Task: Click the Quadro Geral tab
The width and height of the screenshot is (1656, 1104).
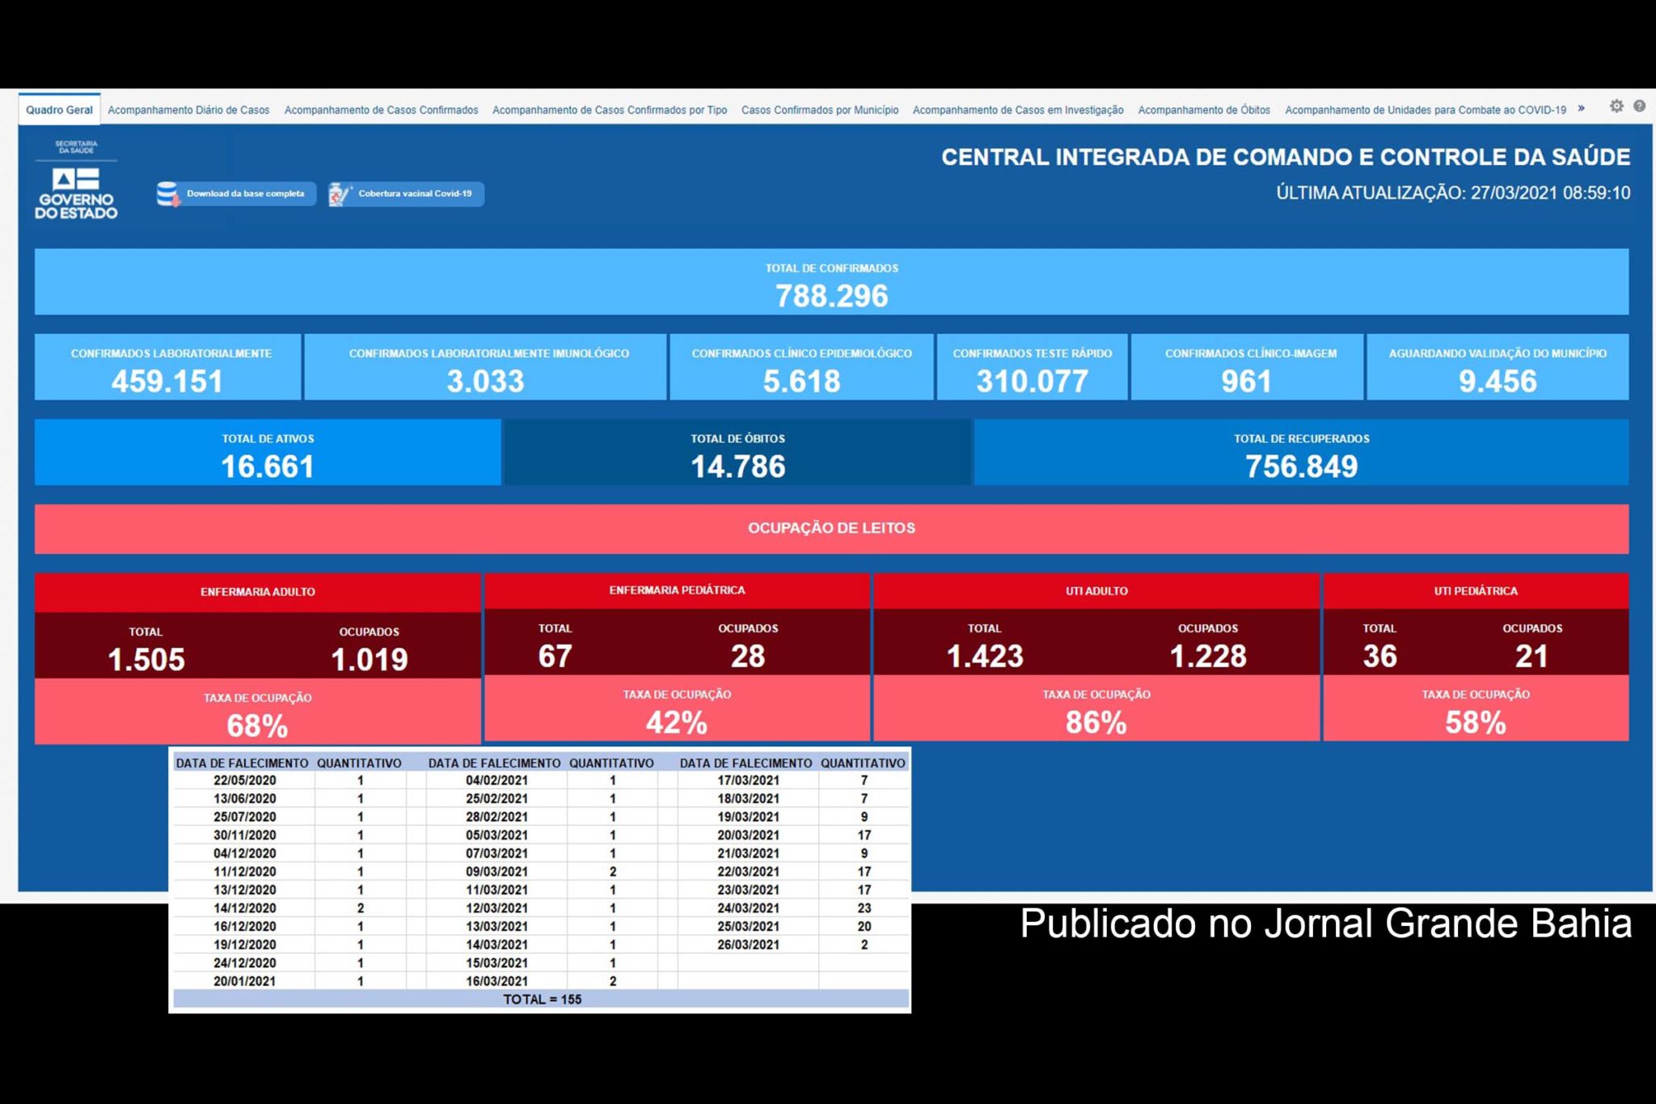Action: [59, 110]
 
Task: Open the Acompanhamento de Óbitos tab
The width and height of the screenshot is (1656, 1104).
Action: [1203, 110]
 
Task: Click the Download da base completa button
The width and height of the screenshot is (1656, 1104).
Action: [235, 194]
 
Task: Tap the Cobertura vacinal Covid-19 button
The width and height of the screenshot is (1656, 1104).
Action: [406, 194]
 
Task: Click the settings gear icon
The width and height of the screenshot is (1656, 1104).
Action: [1616, 106]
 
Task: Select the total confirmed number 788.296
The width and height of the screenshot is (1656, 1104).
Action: [831, 296]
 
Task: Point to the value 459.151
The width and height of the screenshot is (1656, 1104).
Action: [167, 381]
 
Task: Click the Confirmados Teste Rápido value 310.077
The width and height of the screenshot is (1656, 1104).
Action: [1032, 381]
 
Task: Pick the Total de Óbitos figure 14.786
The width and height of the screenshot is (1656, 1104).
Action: [737, 467]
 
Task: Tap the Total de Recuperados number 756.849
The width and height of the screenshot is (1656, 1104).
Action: [1301, 467]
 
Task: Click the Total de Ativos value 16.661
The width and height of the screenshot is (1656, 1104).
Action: [268, 467]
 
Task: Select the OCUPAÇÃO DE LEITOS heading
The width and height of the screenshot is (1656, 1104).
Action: [831, 528]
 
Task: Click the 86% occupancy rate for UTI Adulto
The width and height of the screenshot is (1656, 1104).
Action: [1096, 722]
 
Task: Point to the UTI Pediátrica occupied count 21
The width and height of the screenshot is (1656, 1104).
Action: [1531, 656]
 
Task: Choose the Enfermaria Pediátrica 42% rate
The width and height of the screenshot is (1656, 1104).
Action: [677, 722]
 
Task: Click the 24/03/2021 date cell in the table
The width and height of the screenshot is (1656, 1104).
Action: [748, 908]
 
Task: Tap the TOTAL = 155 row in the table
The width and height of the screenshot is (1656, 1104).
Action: [542, 1000]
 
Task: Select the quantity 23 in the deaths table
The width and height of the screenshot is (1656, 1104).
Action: [864, 908]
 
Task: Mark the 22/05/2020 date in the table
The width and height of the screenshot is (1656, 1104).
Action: [244, 780]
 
